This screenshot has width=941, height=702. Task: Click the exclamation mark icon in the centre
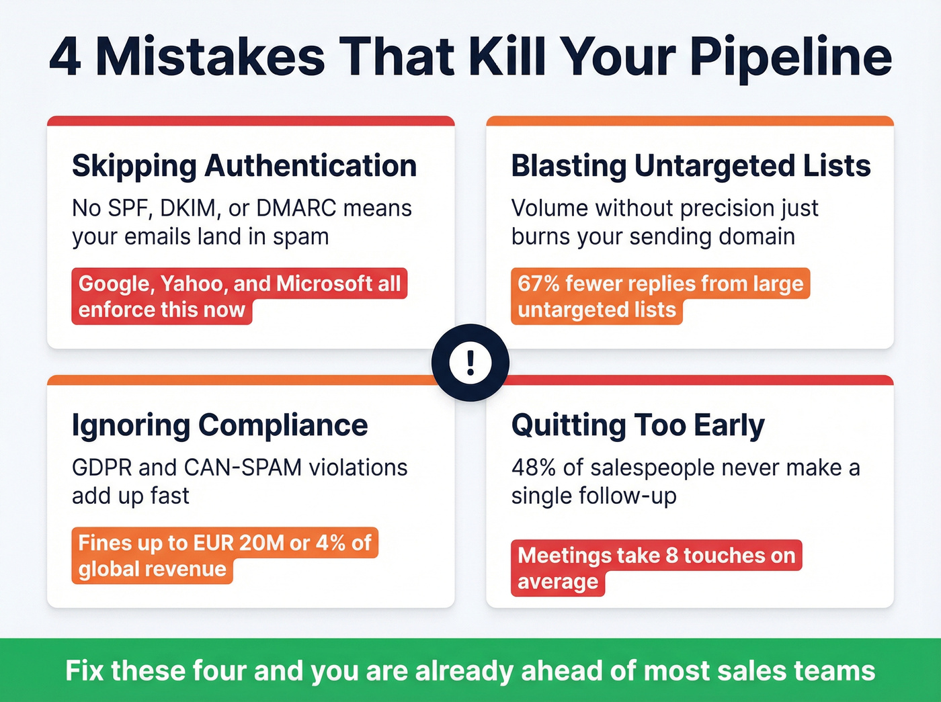[x=470, y=363]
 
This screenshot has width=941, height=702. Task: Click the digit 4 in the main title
[x=65, y=58]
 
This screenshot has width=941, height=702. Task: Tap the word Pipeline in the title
[x=791, y=58]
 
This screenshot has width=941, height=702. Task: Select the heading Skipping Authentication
[x=244, y=166]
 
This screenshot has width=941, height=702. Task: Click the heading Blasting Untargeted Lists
[x=690, y=166]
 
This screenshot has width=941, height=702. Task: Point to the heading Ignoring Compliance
[x=220, y=425]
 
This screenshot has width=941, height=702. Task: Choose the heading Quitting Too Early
[x=638, y=425]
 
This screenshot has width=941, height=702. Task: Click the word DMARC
[x=296, y=208]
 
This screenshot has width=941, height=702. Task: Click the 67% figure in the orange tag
[x=538, y=283]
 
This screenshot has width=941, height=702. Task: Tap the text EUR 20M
[x=239, y=543]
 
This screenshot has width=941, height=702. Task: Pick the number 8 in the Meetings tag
[x=671, y=556]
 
